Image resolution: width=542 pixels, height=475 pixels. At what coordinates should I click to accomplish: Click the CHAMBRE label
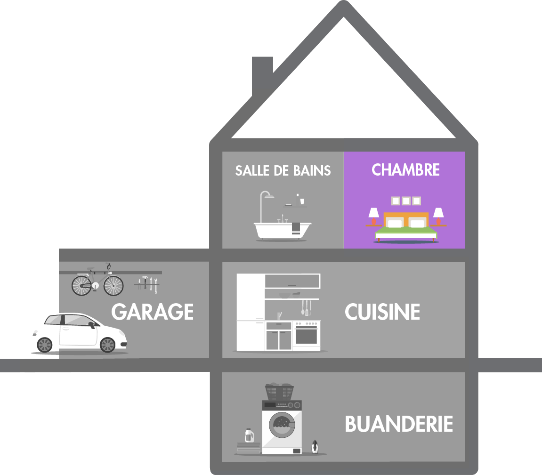(x=405, y=170)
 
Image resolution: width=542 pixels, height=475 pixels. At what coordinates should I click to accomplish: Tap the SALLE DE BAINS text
(x=283, y=170)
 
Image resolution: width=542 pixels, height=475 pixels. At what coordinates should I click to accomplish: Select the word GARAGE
(x=153, y=312)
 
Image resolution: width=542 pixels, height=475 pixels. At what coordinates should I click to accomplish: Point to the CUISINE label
(x=382, y=312)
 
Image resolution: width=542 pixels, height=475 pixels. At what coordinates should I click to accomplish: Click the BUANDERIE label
(x=399, y=424)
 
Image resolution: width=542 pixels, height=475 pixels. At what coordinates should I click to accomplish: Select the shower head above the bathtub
(x=269, y=196)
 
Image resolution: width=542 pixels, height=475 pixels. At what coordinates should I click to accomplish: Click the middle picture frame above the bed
(x=406, y=201)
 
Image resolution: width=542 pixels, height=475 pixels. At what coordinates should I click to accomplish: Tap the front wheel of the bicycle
(x=113, y=285)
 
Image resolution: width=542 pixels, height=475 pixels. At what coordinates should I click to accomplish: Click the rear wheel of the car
(x=45, y=345)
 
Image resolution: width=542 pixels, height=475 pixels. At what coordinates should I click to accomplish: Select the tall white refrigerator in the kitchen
(x=251, y=312)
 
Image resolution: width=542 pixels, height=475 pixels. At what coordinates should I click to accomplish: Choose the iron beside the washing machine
(x=315, y=447)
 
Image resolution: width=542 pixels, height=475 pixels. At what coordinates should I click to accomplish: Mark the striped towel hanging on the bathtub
(x=296, y=228)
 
